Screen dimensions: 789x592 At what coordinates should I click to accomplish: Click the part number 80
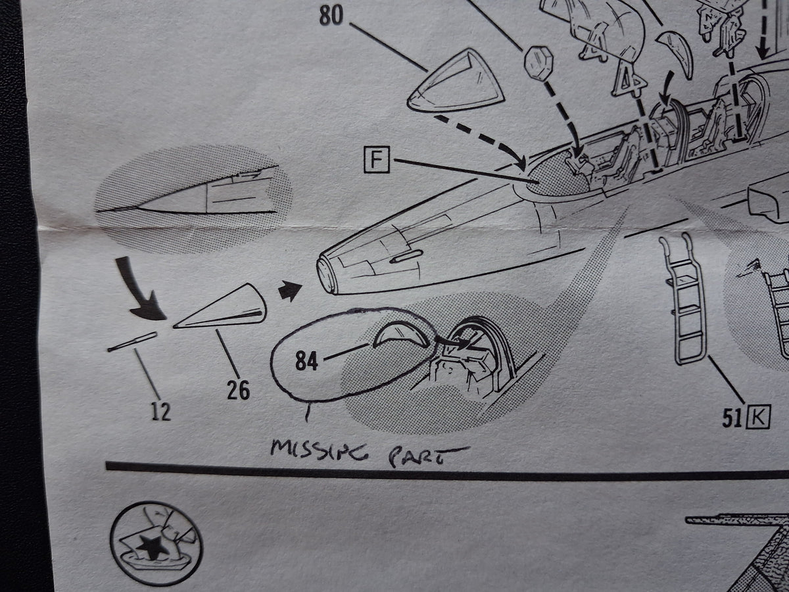pos(331,16)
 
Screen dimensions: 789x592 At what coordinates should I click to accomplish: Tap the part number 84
pos(306,361)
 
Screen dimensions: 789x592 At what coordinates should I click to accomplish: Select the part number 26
pos(238,390)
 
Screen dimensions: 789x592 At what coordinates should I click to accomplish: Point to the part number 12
pos(160,411)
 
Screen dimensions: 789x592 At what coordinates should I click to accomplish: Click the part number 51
pos(732,418)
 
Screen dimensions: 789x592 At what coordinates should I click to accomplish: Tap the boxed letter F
pos(376,160)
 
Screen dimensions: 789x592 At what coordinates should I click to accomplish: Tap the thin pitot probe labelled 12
pos(132,342)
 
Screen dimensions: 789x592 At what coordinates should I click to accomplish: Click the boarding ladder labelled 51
pos(682,299)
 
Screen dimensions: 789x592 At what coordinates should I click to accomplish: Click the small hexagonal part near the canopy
pos(538,63)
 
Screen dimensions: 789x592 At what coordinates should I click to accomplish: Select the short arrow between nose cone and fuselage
pos(290,290)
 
